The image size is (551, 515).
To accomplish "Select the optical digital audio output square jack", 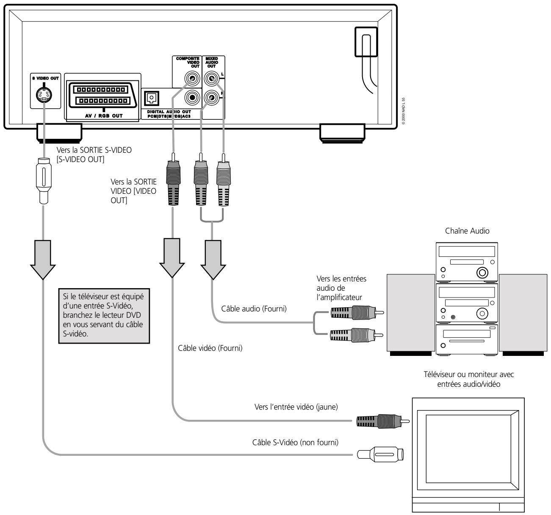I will click(x=151, y=98).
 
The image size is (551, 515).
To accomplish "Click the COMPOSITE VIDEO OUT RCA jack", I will click(x=193, y=79).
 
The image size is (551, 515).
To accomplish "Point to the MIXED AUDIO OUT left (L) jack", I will click(x=211, y=79).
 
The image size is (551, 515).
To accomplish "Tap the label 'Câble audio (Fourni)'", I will click(x=254, y=308).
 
